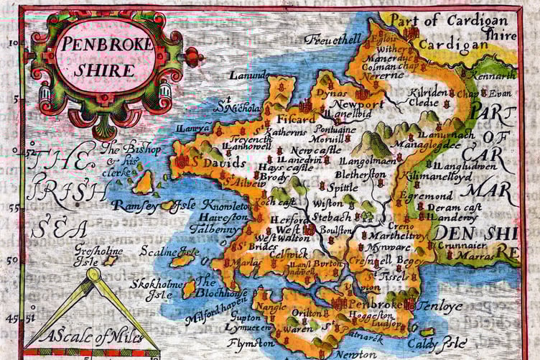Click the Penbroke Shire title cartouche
pyautogui.click(x=106, y=57)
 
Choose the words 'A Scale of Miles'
pyautogui.click(x=91, y=335)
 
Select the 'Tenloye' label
pyautogui.click(x=439, y=305)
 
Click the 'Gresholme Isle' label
pyautogui.click(x=97, y=257)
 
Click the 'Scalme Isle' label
pyautogui.click(x=169, y=252)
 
